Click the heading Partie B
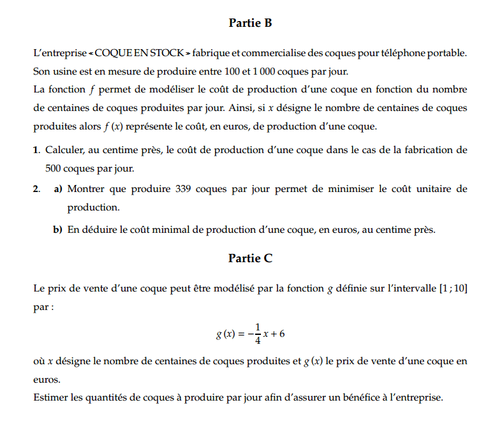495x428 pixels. click(250, 24)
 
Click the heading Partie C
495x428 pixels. click(250, 258)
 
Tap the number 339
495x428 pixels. click(184, 189)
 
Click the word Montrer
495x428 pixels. click(85, 189)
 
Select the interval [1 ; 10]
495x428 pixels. click(453, 288)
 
